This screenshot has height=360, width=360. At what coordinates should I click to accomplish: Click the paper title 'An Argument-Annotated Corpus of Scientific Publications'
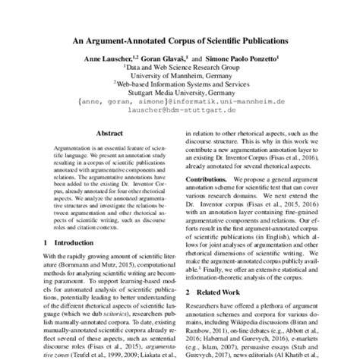pyautogui.click(x=180, y=37)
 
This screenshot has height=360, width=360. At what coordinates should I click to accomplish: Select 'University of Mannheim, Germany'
pyautogui.click(x=180, y=76)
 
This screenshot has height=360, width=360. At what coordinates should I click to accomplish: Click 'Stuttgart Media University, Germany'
pyautogui.click(x=180, y=94)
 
